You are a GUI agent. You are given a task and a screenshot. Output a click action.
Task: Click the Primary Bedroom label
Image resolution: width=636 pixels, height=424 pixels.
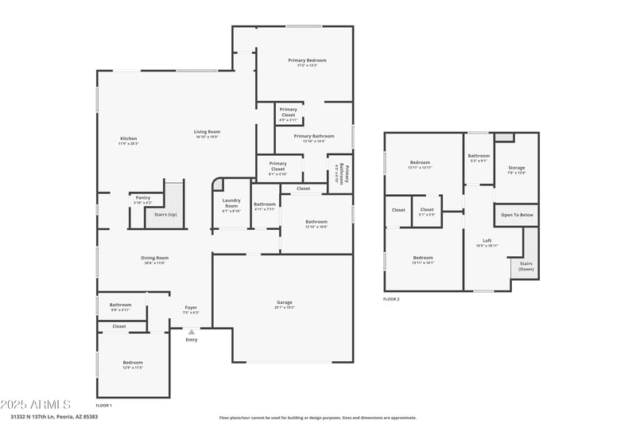pyautogui.click(x=307, y=60)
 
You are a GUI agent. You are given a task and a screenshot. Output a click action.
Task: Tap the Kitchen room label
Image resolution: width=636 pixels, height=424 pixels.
pyautogui.click(x=128, y=138)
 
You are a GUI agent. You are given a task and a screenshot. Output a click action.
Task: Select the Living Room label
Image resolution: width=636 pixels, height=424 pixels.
pyautogui.click(x=207, y=132)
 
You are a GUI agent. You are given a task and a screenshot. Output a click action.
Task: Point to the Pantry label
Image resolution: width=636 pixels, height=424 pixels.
pyautogui.click(x=143, y=197)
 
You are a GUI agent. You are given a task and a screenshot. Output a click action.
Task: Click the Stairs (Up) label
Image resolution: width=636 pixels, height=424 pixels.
pyautogui.click(x=165, y=214)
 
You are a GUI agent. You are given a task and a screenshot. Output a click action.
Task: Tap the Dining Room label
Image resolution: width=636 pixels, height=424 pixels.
pyautogui.click(x=156, y=258)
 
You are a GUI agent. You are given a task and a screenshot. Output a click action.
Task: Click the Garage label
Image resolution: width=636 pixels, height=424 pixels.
pyautogui.click(x=284, y=302)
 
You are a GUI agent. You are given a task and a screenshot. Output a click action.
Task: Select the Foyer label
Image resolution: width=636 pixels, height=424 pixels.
pyautogui.click(x=191, y=307)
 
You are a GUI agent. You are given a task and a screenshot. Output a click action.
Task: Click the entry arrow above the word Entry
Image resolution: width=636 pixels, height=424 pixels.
pyautogui.click(x=191, y=332)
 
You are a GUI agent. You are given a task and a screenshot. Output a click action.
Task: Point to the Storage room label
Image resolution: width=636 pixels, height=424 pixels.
pyautogui.click(x=516, y=168)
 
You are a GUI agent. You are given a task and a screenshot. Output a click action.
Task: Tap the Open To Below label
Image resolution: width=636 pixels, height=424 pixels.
pyautogui.click(x=517, y=215)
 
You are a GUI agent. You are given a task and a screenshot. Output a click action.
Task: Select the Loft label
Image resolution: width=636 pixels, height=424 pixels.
pyautogui.click(x=487, y=241)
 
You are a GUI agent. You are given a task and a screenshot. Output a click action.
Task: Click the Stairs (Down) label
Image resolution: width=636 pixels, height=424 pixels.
pyautogui.click(x=526, y=266)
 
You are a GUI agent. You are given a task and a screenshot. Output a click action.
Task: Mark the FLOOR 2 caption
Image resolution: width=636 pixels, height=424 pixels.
pyautogui.click(x=391, y=299)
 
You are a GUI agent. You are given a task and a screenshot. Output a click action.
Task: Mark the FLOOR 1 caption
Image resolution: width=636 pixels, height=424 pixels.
pyautogui.click(x=103, y=406)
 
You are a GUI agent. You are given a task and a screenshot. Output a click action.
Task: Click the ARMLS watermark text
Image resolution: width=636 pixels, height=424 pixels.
pyautogui.click(x=36, y=405)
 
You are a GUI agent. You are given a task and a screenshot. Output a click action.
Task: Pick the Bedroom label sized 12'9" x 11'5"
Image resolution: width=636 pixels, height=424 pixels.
pyautogui.click(x=133, y=363)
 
